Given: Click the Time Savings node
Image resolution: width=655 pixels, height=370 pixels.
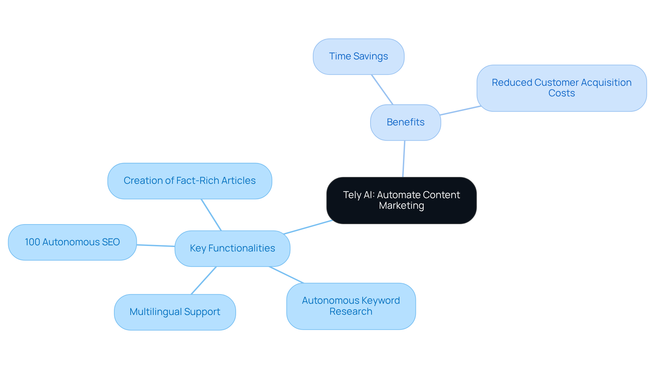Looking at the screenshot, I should pyautogui.click(x=359, y=56).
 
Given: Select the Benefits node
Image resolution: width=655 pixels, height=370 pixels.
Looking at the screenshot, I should pyautogui.click(x=405, y=122).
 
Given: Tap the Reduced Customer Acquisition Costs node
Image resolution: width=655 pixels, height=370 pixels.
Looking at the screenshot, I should pyautogui.click(x=562, y=88).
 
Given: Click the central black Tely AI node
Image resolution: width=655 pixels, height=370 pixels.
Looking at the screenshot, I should pyautogui.click(x=401, y=200).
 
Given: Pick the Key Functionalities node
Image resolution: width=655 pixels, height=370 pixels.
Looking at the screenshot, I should pyautogui.click(x=232, y=248).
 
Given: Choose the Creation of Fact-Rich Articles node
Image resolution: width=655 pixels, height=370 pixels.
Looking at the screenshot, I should pyautogui.click(x=190, y=181).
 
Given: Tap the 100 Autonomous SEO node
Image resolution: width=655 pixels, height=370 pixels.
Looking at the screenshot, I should pyautogui.click(x=72, y=242).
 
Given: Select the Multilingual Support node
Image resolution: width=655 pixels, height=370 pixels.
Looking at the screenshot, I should pyautogui.click(x=175, y=312).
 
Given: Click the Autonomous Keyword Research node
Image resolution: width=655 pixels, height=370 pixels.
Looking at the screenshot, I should pyautogui.click(x=351, y=306).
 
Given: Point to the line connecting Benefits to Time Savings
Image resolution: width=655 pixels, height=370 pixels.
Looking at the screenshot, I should pyautogui.click(x=382, y=90).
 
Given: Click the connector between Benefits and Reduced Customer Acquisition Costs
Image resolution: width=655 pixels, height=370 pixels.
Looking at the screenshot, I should pyautogui.click(x=461, y=110).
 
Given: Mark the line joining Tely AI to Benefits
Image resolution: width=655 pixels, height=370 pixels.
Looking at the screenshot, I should pyautogui.click(x=404, y=159).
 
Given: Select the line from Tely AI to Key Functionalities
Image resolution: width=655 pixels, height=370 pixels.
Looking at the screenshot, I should pyautogui.click(x=308, y=227).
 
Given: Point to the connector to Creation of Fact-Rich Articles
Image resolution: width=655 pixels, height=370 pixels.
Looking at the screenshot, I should pyautogui.click(x=211, y=215).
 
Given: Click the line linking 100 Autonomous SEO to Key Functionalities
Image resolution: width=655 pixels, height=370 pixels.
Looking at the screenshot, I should pyautogui.click(x=156, y=246).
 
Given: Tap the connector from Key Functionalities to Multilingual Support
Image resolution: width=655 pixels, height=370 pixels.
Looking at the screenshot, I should pyautogui.click(x=204, y=280).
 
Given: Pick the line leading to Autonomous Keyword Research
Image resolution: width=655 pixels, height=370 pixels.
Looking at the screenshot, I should pyautogui.click(x=286, y=275).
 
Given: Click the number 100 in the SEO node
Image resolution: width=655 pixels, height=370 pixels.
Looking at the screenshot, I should pyautogui.click(x=32, y=242).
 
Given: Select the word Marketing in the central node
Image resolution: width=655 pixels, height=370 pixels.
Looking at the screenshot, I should pyautogui.click(x=401, y=206).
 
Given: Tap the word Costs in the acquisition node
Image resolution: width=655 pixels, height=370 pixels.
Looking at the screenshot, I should pyautogui.click(x=562, y=93).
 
